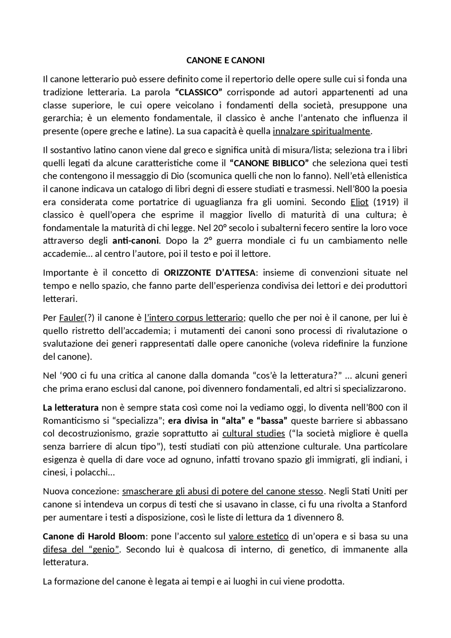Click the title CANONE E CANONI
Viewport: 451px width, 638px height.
coord(225,61)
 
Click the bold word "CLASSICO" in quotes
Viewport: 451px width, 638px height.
coord(199,92)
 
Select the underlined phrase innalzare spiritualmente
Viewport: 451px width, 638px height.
coord(321,131)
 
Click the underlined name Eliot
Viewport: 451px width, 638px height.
coord(359,202)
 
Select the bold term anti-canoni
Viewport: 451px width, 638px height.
coord(136,241)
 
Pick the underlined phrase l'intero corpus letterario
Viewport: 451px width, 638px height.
coord(194,318)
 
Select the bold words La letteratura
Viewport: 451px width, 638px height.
coord(70,408)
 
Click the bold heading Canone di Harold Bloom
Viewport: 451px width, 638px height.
coord(94,537)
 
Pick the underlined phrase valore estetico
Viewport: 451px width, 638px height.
coord(258,537)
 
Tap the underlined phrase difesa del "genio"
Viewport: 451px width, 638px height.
coord(81,550)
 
